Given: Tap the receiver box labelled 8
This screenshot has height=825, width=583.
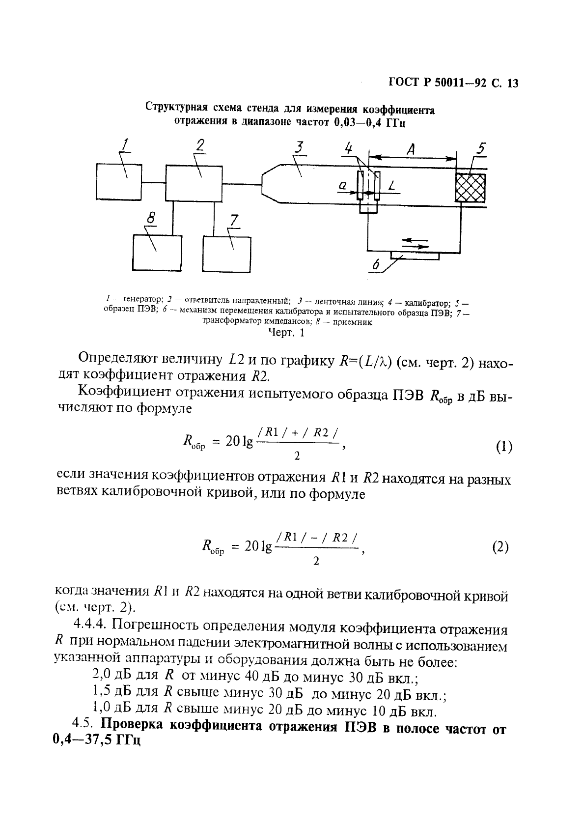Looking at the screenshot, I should (158, 252).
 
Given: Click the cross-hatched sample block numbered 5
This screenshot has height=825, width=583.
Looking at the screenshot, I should (471, 188).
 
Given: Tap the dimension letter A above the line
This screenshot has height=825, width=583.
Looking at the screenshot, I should (410, 148).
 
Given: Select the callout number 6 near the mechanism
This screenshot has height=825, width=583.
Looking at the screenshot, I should (376, 266).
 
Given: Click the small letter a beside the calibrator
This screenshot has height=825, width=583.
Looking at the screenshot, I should (343, 186).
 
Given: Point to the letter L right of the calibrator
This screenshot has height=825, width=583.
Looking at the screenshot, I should (391, 186).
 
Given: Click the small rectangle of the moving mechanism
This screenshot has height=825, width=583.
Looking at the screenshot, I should (415, 256).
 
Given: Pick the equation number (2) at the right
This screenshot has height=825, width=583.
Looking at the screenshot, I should (500, 546).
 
